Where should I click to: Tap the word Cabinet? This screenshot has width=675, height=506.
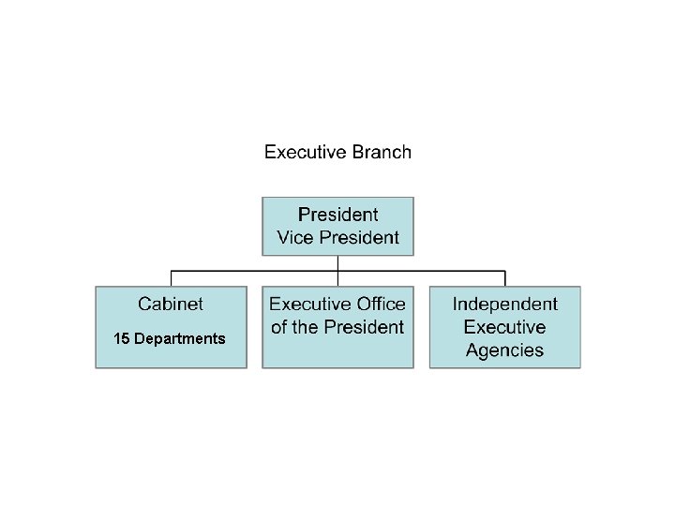coord(171,304)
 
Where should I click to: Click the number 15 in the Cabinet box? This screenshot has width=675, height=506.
coord(122,338)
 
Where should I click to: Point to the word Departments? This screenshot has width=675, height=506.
coord(180,338)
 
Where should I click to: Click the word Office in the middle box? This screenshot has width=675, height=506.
coord(381,304)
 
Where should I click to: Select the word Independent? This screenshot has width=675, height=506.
coord(504,304)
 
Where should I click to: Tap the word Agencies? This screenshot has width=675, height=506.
coord(504,350)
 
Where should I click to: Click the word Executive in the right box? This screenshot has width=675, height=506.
coord(504,327)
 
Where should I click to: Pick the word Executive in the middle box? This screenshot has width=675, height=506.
coord(308,304)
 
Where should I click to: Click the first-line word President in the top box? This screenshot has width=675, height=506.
coord(337,215)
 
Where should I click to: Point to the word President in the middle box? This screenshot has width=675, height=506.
coord(365,327)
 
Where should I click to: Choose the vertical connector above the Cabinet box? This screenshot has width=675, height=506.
coord(171,278)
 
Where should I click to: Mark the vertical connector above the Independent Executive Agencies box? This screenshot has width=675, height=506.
coord(504,278)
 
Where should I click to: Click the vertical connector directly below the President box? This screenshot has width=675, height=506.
coord(337,263)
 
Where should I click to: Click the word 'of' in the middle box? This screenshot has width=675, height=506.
coord(279,327)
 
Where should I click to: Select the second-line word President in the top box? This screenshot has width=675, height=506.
coord(359,238)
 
